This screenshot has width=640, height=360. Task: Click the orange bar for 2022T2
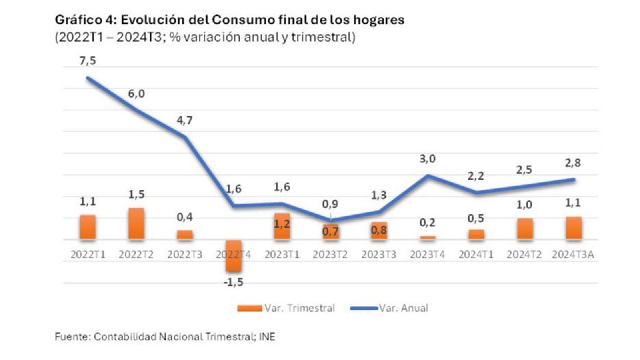coord(136,224)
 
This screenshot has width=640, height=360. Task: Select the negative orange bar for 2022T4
coord(233,256)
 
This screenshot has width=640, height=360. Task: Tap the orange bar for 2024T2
coord(525,229)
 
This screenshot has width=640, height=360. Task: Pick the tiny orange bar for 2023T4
coord(428,238)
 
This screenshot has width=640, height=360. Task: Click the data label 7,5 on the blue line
coord(88,61)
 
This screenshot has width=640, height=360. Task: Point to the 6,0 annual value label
coord(136,94)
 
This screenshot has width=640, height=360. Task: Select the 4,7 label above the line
coord(184,120)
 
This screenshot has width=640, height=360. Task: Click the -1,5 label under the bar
coord(233,282)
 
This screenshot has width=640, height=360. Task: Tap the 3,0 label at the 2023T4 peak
coord(427,159)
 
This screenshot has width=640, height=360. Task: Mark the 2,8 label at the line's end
coord(573,163)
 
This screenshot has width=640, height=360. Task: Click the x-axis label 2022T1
coord(88,255)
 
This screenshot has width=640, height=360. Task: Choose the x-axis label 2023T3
coord(379,255)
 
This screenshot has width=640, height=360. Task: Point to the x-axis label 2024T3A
coord(573,255)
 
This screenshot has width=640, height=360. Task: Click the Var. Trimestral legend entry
coord(286,308)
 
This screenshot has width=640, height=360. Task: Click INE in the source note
coord(267,337)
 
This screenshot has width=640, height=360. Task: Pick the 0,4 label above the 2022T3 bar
coord(184,217)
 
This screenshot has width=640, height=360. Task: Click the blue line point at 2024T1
coord(476,192)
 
